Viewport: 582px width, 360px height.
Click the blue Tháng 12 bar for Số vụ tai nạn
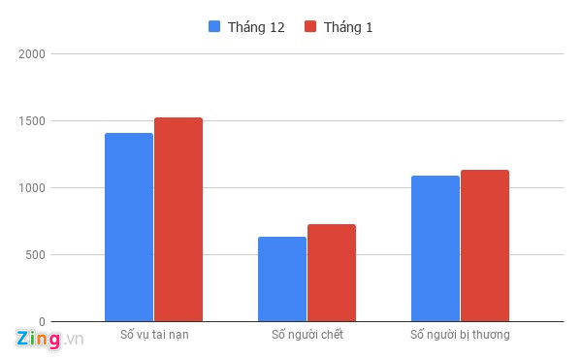coord(129,227)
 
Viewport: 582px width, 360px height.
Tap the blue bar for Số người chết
coord(282,278)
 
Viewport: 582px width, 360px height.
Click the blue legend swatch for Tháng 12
coord(215,27)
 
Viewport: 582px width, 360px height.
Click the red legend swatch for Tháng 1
coord(311,27)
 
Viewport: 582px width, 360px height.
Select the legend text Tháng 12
coord(256,27)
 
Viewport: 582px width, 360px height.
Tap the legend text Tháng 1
coord(348,27)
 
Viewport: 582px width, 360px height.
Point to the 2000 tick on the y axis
coord(33,54)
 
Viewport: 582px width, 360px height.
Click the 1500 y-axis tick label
coord(33,121)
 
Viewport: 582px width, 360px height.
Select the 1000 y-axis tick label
coord(33,188)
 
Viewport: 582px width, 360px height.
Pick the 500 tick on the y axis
coord(36,255)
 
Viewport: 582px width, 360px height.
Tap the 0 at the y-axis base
coord(43,321)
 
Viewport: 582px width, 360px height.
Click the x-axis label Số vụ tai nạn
coord(154,336)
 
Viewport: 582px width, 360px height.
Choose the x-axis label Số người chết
coord(307,336)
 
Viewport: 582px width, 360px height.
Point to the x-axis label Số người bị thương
coord(460,336)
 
